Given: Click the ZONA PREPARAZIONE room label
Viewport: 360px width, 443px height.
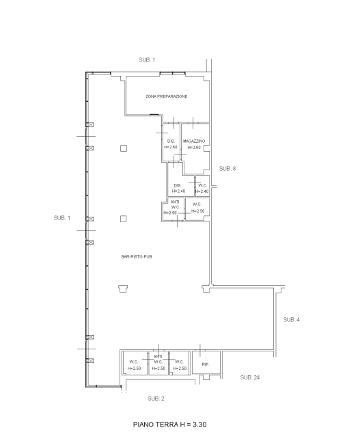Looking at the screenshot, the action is tap(166, 96).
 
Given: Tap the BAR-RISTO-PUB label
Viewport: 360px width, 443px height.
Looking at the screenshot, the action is tap(137, 257).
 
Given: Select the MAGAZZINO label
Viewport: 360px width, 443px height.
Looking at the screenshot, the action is tap(194, 142).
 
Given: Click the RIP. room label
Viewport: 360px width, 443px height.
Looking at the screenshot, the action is tap(206, 364).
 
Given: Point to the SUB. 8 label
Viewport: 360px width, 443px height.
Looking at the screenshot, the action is tap(227, 169).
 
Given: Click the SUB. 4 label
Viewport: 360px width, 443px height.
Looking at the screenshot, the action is tap(292, 319).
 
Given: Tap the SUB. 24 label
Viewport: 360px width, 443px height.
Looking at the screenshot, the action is tap(250, 377).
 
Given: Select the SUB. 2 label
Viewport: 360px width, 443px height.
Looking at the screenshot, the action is tap(156, 399).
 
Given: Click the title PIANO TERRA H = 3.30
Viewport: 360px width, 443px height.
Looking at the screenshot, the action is tap(169, 425).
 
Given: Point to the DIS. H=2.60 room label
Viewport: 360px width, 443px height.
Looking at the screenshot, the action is tap(171, 144).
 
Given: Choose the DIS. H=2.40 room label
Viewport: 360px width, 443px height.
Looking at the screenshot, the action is tap(178, 189).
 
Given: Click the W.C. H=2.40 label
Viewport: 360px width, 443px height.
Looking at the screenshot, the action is tap(202, 189).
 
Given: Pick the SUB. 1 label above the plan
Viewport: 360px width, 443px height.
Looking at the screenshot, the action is tap(147, 60).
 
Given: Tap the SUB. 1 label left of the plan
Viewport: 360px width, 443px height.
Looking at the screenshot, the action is tap(62, 218).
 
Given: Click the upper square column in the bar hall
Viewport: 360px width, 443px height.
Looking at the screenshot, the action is tap(124, 148).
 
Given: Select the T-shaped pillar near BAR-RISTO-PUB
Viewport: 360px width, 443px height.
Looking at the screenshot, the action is tap(123, 288).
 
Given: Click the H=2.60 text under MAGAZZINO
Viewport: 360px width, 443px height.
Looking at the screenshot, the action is tap(194, 148).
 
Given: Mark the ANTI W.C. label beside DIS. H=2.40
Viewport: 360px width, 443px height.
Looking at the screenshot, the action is tap(175, 204).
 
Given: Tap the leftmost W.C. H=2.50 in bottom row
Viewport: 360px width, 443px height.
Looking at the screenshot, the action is tap(134, 365).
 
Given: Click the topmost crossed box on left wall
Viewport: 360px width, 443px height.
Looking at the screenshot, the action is tap(89, 124).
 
